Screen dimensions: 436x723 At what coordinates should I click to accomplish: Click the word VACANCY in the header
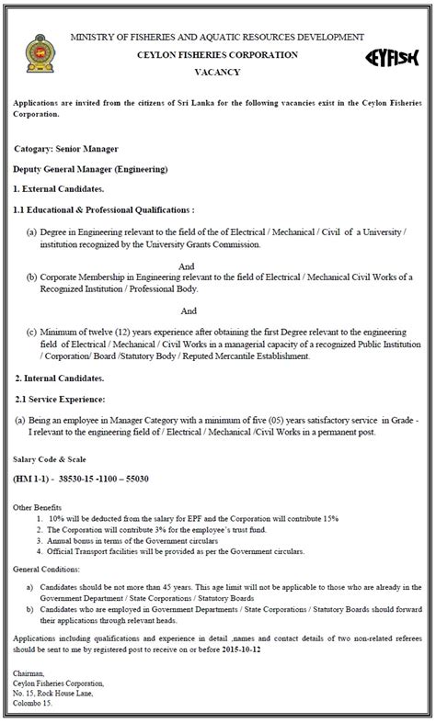point(216,72)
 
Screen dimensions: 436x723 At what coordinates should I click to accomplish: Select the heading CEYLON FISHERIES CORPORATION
point(216,54)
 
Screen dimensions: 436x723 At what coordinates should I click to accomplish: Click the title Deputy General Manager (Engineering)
point(90,170)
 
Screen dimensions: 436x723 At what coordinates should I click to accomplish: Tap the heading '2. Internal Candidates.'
point(60,378)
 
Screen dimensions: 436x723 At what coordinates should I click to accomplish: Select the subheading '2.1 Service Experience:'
point(60,398)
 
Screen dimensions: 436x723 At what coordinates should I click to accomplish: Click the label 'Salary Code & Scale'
point(46,458)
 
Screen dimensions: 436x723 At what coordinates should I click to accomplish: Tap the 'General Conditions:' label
point(45,569)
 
